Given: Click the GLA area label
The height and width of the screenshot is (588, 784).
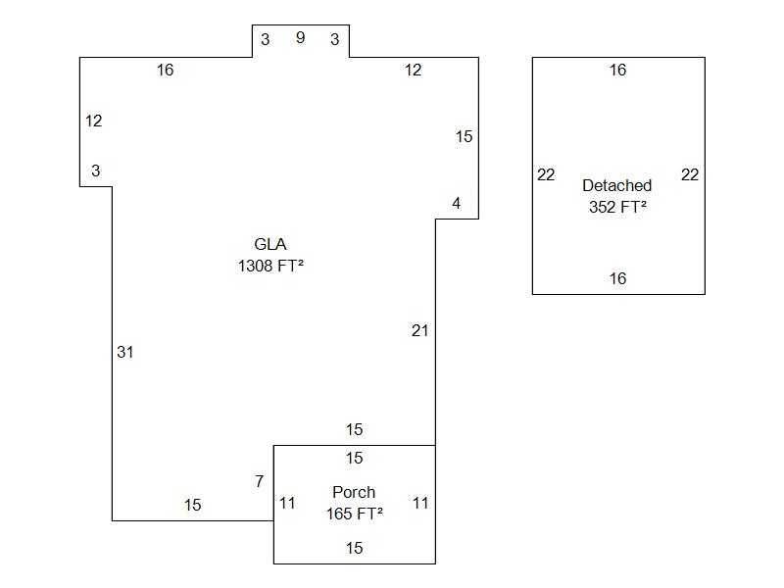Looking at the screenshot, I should pyautogui.click(x=270, y=244).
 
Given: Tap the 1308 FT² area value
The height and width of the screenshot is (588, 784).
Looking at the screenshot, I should pyautogui.click(x=270, y=265).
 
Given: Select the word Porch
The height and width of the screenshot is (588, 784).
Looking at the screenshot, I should pyautogui.click(x=354, y=492).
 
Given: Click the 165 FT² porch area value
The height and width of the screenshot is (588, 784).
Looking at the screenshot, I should pyautogui.click(x=354, y=513).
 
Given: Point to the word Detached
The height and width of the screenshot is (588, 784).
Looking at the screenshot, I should pyautogui.click(x=616, y=185).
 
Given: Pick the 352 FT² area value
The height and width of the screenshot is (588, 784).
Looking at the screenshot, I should pyautogui.click(x=617, y=207).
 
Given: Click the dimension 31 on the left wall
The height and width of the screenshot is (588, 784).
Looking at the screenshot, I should pyautogui.click(x=124, y=352).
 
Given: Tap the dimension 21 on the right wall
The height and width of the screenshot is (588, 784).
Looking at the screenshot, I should pyautogui.click(x=419, y=330).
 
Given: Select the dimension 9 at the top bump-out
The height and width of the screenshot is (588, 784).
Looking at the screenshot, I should pyautogui.click(x=300, y=37).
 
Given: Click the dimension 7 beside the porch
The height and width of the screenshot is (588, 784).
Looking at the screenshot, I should pyautogui.click(x=259, y=481).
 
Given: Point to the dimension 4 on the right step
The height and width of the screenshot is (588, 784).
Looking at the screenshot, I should pyautogui.click(x=456, y=203).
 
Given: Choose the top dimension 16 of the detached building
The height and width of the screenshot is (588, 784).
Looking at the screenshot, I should pyautogui.click(x=617, y=70).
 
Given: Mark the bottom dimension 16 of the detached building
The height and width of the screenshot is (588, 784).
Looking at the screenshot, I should pyautogui.click(x=617, y=278).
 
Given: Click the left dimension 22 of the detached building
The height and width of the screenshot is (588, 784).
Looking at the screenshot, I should pyautogui.click(x=546, y=174).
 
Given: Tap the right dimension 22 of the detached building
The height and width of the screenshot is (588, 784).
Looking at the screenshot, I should pyautogui.click(x=690, y=174).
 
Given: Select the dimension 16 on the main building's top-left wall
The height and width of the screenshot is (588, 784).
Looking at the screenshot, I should pyautogui.click(x=165, y=70).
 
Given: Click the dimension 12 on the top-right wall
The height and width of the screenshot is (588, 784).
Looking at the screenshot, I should pyautogui.click(x=414, y=70).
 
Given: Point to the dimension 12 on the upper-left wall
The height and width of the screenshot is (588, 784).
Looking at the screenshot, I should pyautogui.click(x=93, y=121).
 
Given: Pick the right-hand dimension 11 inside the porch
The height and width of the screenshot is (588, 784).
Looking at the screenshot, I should pyautogui.click(x=420, y=503).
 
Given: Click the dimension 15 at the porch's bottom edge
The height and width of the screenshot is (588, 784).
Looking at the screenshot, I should pyautogui.click(x=354, y=548).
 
